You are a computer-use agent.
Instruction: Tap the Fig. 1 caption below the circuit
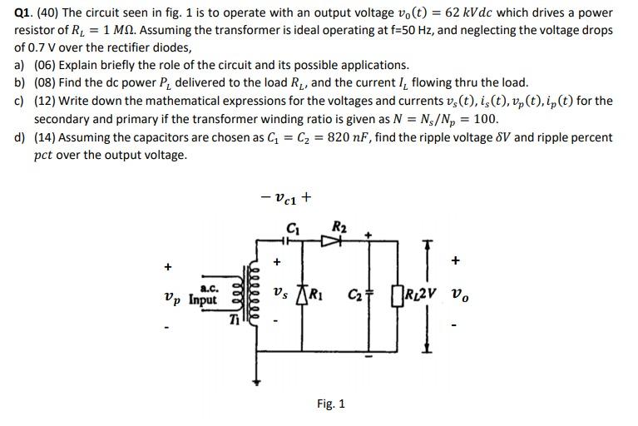331,404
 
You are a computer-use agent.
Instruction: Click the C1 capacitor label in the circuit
293,227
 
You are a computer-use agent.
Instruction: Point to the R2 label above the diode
339,226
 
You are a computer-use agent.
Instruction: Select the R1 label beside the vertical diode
315,293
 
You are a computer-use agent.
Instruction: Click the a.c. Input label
203,294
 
